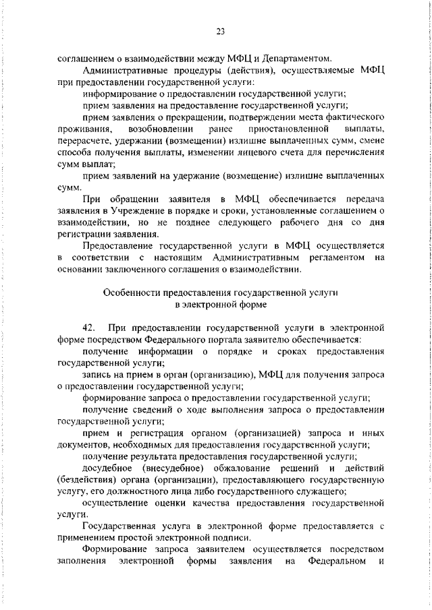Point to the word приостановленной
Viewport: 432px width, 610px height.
coord(292,129)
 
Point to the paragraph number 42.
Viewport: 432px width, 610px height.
coord(88,328)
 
